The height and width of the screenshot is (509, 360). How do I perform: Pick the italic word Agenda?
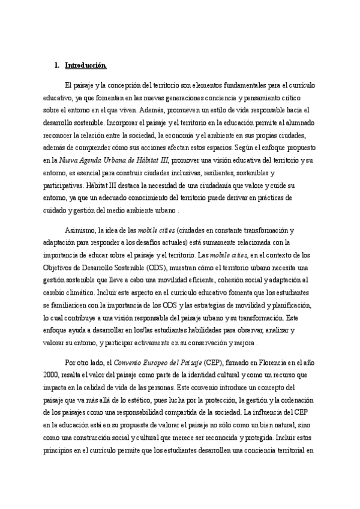90,157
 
